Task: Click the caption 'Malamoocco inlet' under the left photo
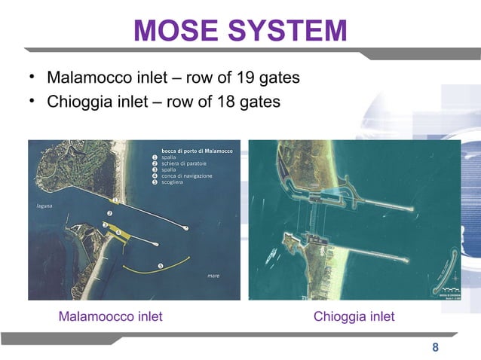[x=110, y=316]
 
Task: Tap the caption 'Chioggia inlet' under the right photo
[x=354, y=316]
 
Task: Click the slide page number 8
[x=435, y=347]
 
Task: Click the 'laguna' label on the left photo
[x=44, y=204]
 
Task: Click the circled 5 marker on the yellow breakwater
[x=160, y=265]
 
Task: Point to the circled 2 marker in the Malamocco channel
[x=109, y=214]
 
